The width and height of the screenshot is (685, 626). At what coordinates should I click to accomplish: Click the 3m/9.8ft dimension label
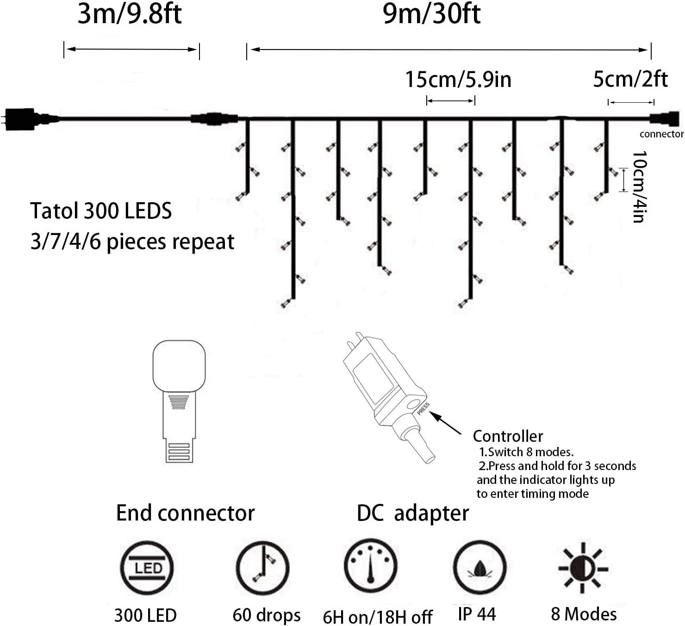coord(130,14)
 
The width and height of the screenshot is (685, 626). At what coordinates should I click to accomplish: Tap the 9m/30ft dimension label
coord(432,14)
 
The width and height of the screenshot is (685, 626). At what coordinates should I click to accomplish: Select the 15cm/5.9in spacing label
coord(458,80)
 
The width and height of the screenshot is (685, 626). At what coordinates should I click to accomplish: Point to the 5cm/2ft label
coord(630,80)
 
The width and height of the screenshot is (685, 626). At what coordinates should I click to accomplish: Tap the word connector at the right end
coord(661,134)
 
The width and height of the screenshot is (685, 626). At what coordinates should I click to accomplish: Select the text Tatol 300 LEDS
coord(101,211)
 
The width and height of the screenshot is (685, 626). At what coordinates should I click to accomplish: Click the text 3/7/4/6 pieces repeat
coord(132,242)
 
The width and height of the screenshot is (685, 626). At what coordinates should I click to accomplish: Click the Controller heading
coord(508,436)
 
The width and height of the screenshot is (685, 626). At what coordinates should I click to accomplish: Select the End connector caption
coord(185,513)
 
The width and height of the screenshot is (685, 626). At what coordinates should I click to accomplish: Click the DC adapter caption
coord(412,513)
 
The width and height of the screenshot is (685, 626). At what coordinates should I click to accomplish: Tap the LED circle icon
coord(147,568)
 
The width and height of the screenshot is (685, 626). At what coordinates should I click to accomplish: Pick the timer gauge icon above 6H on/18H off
coord(370,565)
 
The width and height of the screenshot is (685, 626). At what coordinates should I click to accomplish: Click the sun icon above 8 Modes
coord(583,568)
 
